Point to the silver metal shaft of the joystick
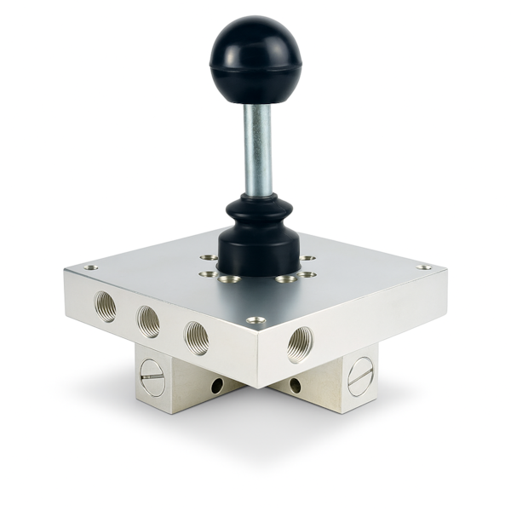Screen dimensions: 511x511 (257, 149)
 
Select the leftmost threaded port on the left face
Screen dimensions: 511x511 (106, 306)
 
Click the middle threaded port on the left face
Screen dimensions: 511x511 (149, 321)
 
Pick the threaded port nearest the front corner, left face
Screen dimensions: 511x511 (197, 337)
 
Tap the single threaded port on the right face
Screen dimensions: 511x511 (300, 343)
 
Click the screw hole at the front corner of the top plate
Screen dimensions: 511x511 (255, 320)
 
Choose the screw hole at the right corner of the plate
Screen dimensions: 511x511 (423, 267)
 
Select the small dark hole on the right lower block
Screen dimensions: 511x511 (295, 386)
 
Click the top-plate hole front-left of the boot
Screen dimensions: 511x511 (228, 278)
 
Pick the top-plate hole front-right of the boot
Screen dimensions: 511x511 (285, 278)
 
